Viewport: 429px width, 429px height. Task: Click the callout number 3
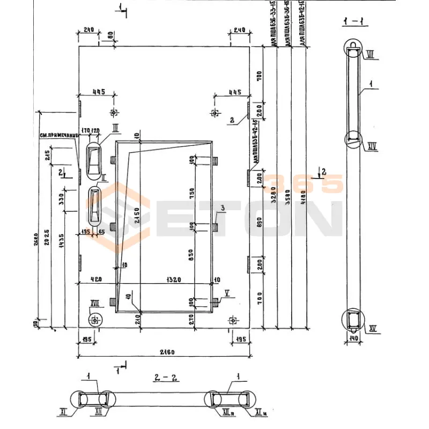[x=221, y=208]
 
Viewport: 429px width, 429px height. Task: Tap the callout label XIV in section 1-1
[x=373, y=145]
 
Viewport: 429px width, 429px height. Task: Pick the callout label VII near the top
[x=371, y=54]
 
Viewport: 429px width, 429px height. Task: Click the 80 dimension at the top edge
[x=110, y=35]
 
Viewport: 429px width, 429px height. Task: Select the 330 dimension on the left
[x=61, y=199]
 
